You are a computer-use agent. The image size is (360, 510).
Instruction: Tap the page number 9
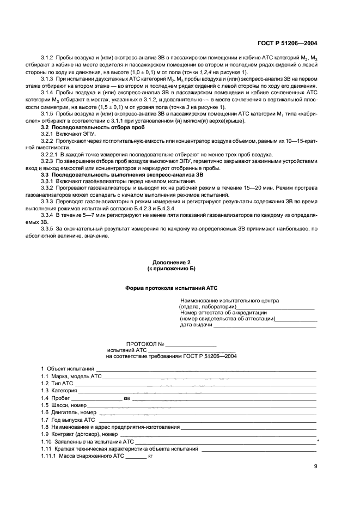(315, 466)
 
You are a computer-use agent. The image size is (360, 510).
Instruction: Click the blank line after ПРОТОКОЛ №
(191, 344)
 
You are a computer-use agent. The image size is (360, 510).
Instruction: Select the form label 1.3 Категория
(58, 391)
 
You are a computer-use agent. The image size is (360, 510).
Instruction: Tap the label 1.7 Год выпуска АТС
(68, 420)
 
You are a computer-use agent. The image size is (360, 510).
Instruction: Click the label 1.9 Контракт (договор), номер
(78, 434)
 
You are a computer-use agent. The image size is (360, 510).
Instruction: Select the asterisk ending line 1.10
(318, 441)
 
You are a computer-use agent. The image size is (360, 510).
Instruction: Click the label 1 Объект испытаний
(67, 369)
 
